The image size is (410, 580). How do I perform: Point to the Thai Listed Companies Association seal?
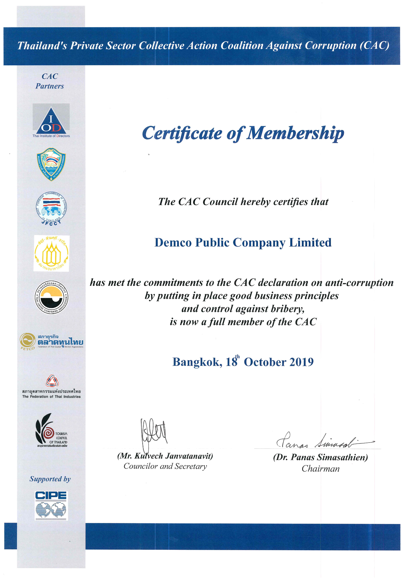coord(51,297)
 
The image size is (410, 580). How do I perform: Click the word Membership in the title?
coord(295,133)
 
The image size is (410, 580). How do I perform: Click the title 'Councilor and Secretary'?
coord(165,466)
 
